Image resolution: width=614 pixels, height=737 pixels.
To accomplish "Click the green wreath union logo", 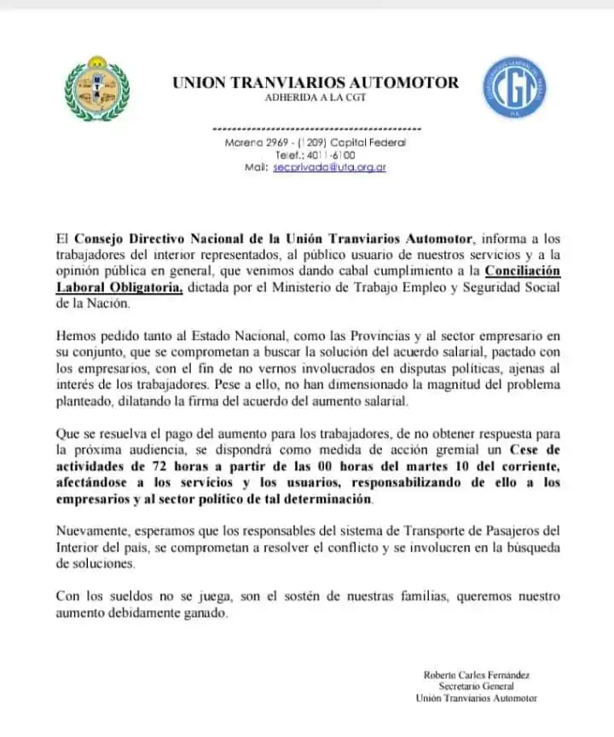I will pyautogui.click(x=98, y=90).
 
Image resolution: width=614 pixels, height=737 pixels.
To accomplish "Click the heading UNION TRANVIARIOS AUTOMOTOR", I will pyautogui.click(x=316, y=83).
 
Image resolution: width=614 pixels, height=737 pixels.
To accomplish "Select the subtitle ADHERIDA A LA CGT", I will pyautogui.click(x=315, y=99).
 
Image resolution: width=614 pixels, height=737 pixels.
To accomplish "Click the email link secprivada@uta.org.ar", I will pyautogui.click(x=330, y=168).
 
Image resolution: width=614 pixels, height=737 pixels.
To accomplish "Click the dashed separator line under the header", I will pyautogui.click(x=315, y=128).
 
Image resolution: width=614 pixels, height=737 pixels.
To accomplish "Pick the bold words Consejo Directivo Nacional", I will pyautogui.click(x=164, y=239).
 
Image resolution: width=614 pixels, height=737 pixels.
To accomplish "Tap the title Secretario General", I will pyautogui.click(x=477, y=687).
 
